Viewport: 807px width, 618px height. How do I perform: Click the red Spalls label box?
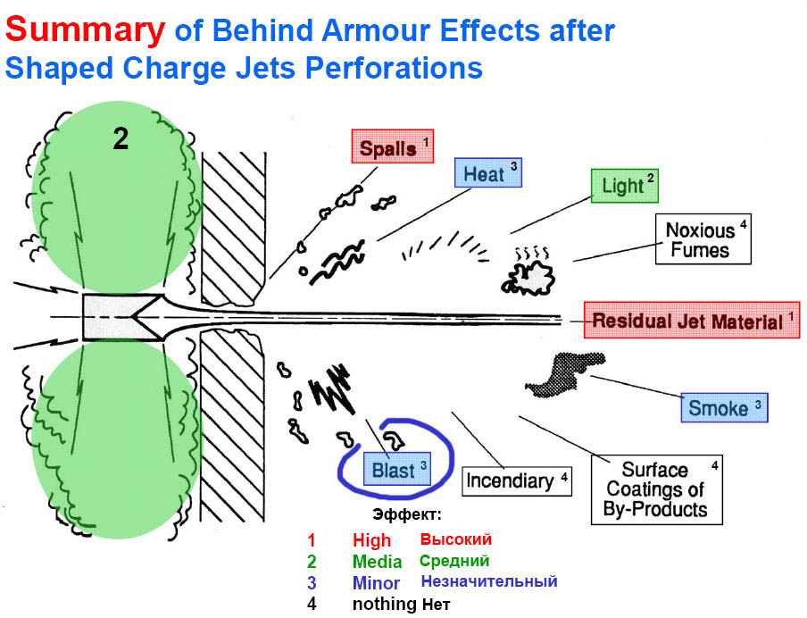[393, 146]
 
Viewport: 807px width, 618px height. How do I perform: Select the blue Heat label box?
[487, 174]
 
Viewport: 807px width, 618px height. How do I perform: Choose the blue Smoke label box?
[723, 407]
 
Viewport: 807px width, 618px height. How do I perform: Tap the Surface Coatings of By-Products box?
[656, 490]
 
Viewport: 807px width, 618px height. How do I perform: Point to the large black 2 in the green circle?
[121, 138]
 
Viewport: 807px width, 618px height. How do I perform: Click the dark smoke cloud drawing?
[564, 372]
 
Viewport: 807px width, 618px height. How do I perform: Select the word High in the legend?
[371, 540]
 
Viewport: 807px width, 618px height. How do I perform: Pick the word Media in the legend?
[377, 562]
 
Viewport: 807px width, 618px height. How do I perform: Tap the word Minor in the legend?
[376, 583]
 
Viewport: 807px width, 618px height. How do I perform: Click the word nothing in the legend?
[384, 605]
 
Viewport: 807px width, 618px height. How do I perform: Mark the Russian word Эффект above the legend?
[406, 515]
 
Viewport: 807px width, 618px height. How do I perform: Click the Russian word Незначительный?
[488, 581]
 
